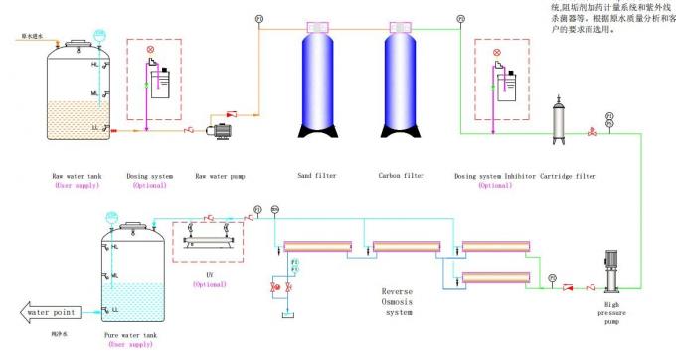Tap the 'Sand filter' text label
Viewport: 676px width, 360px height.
point(319,176)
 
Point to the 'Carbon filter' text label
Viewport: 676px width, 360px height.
point(402,176)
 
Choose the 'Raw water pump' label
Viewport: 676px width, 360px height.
point(220,176)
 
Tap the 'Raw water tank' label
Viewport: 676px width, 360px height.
point(77,176)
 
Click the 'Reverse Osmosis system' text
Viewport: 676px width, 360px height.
point(397,302)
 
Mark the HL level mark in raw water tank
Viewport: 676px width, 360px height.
point(94,64)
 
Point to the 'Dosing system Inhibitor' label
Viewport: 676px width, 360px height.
point(494,176)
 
